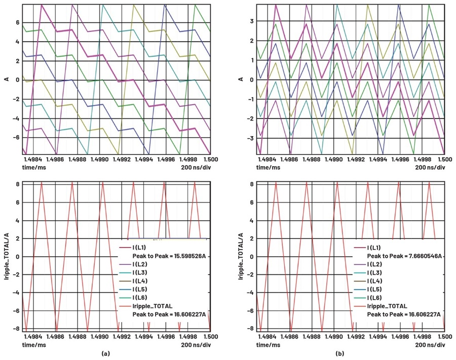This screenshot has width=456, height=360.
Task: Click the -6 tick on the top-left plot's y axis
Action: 17,137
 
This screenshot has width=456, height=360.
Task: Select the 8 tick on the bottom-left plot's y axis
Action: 18,184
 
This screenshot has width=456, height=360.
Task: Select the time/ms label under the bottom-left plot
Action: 34,342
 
